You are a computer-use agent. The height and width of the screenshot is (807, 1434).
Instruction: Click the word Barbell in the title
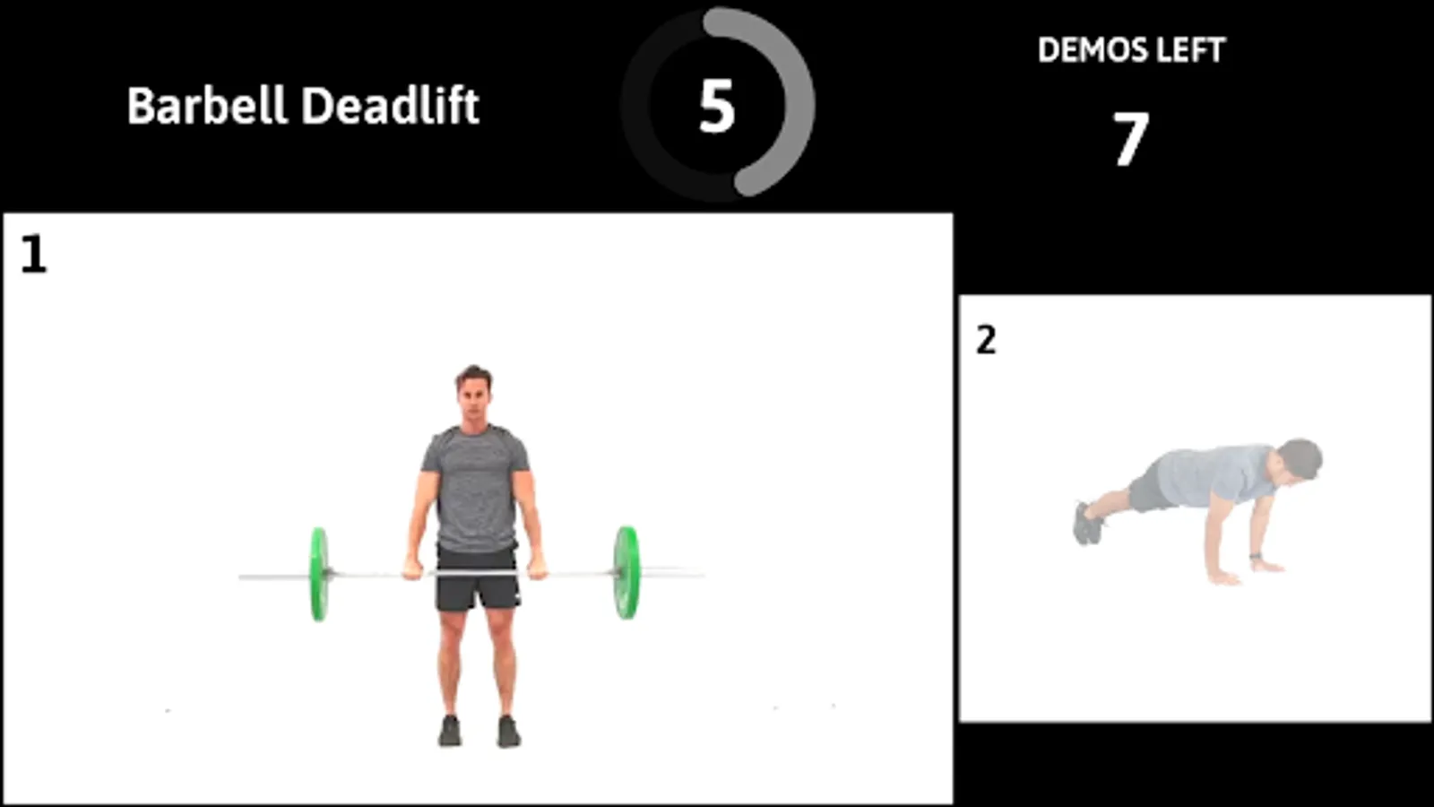[x=206, y=106]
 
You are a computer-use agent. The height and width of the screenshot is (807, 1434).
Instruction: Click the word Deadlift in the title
[x=390, y=106]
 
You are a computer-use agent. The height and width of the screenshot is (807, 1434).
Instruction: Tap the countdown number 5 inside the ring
[x=716, y=107]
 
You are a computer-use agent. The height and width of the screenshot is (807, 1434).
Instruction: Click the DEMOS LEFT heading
[x=1131, y=50]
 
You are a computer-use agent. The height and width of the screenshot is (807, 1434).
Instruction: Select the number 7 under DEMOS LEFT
[x=1130, y=138]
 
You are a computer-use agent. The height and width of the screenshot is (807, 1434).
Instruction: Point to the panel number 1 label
[x=33, y=255]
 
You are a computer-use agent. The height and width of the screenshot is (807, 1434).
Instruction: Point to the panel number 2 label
[x=986, y=340]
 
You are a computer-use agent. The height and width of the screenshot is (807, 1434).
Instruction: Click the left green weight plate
[x=319, y=575]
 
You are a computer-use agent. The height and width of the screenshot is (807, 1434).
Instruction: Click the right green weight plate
[x=626, y=573]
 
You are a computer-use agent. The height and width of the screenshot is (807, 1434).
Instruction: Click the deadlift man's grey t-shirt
[x=475, y=487]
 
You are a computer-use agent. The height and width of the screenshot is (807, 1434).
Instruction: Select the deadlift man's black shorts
[x=478, y=579]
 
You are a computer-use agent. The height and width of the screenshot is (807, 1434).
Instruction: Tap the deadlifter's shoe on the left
[x=450, y=731]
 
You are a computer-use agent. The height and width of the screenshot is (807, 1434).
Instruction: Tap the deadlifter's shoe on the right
[x=509, y=732]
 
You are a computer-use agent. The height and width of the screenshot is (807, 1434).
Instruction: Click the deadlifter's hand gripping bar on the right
[x=537, y=568]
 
